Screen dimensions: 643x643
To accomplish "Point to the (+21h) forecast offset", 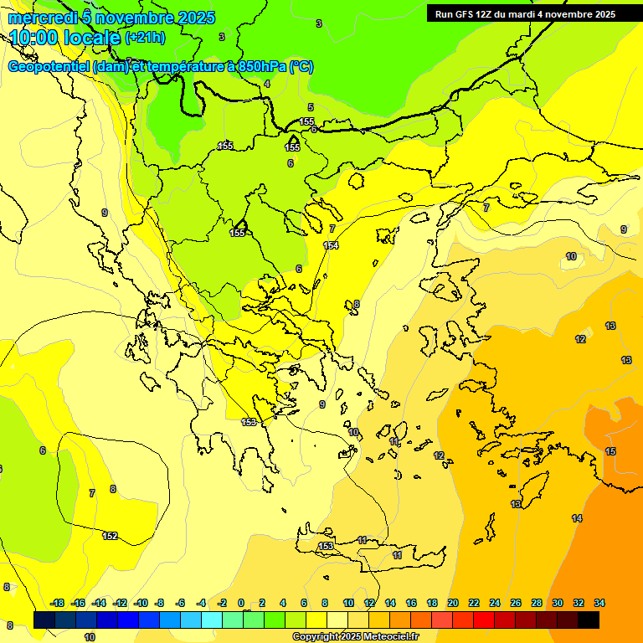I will [x=145, y=38].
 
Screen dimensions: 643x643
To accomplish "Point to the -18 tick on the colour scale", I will [x=57, y=603].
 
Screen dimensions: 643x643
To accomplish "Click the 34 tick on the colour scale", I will [x=599, y=603].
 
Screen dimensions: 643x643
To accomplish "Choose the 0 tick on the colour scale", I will [x=241, y=603].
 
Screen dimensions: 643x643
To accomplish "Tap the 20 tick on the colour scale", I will [x=453, y=603].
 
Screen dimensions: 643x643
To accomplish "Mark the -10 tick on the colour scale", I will [x=141, y=603].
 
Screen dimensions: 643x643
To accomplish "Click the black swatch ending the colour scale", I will [x=589, y=620].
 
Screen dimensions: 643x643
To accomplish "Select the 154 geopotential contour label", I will [x=331, y=245].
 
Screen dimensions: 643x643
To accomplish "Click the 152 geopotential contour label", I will [x=110, y=536].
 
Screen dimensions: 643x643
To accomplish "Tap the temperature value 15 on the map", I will [x=610, y=452].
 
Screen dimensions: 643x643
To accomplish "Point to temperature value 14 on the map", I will [x=577, y=519].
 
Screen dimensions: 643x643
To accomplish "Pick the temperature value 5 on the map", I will [x=311, y=107].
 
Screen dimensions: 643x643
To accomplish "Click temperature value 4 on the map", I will [x=267, y=84].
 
